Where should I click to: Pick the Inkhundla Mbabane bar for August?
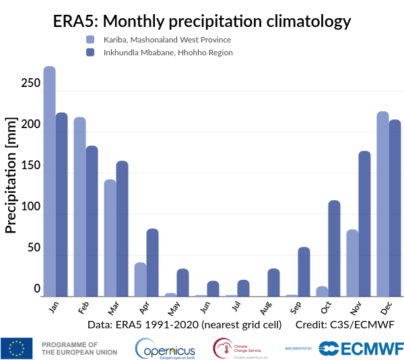click(273, 282)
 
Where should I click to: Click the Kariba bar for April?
click(140, 279)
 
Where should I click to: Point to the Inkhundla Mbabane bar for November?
click(364, 223)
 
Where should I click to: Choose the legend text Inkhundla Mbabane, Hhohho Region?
click(168, 52)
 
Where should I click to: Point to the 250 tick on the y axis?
click(32, 83)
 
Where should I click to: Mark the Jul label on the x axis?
click(235, 307)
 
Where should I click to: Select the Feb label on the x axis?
click(83, 307)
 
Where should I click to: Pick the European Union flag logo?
click(16, 348)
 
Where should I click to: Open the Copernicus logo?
click(165, 348)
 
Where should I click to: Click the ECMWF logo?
click(361, 348)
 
